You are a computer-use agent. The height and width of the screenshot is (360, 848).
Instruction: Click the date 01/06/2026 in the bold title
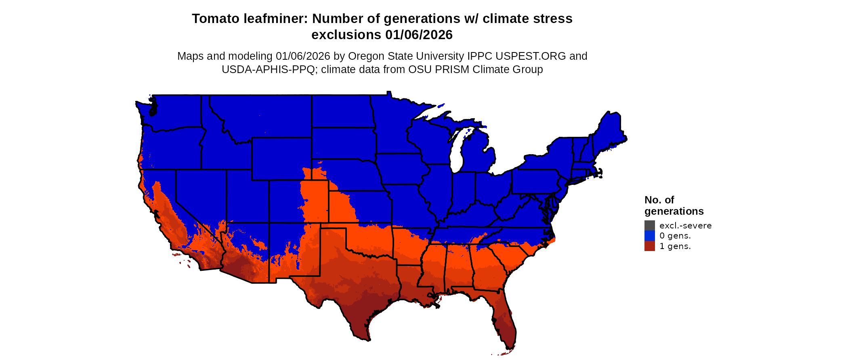click(x=419, y=35)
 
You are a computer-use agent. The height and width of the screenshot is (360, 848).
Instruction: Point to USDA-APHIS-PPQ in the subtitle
click(x=268, y=69)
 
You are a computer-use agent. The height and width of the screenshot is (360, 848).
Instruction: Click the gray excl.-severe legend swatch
click(x=649, y=226)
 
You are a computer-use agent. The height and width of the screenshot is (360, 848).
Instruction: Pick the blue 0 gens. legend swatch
click(x=649, y=236)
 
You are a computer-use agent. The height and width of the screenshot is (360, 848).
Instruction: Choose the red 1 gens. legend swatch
click(x=649, y=246)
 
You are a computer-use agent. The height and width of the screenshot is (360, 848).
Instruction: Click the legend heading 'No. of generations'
click(x=674, y=205)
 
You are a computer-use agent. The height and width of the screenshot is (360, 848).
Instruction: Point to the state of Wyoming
click(x=281, y=159)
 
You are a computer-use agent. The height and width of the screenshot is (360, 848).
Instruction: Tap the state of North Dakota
click(x=341, y=111)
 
